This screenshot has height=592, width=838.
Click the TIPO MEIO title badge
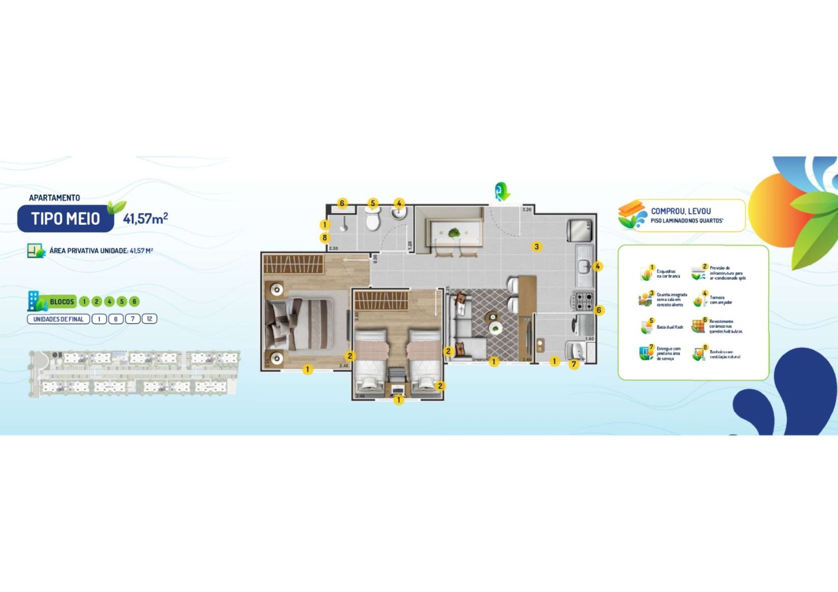pos(65,219)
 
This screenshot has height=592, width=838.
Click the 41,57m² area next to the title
pos(145,218)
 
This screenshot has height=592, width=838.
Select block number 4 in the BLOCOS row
pos(109,301)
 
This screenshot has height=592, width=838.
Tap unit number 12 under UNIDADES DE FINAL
pos(149,319)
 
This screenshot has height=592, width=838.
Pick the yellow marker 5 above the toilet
pos(372,203)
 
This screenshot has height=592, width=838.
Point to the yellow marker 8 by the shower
pos(324,238)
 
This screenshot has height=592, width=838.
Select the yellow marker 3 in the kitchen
pos(536,246)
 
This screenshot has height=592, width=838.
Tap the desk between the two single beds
pos(397,388)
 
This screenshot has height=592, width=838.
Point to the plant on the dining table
pos(454,233)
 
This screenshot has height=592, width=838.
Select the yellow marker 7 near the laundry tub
pos(574,364)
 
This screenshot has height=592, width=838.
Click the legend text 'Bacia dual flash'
pos(670,327)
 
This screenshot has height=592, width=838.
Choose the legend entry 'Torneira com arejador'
pos(720,300)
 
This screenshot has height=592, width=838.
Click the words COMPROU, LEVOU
pos(681,211)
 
